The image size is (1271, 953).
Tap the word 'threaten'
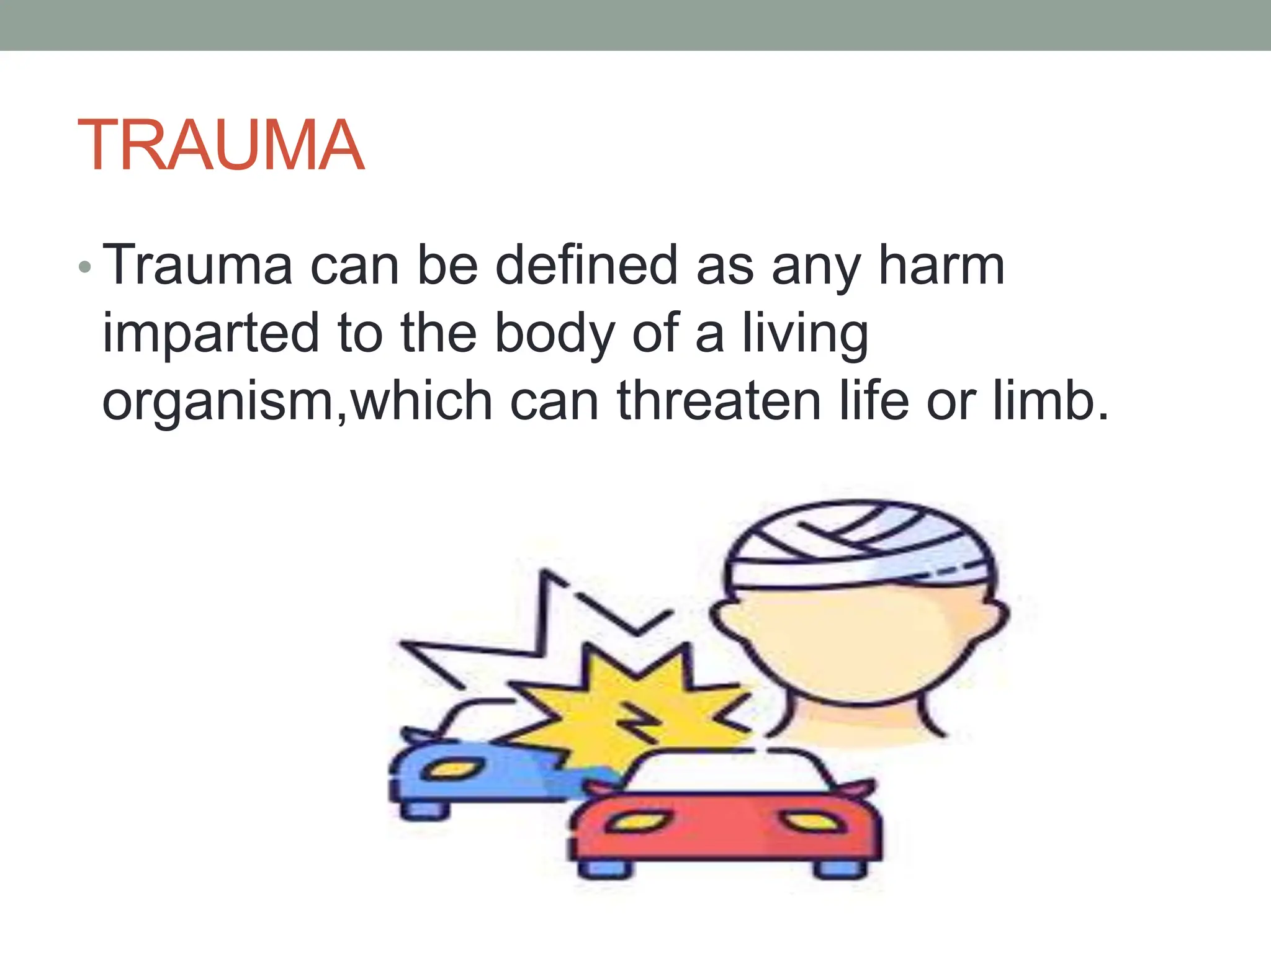coord(719,401)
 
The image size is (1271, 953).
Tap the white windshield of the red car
coord(726,772)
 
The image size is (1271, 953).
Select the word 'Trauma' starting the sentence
coord(197,266)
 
